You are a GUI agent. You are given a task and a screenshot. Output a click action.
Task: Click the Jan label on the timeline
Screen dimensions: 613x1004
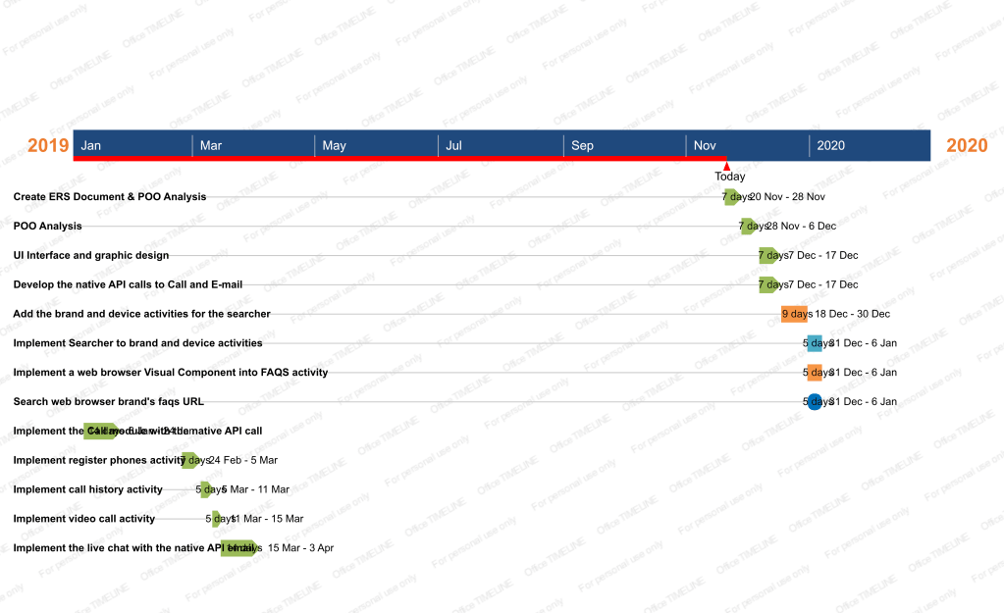pyautogui.click(x=90, y=146)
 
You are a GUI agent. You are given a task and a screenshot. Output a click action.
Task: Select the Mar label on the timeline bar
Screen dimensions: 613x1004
pyautogui.click(x=211, y=146)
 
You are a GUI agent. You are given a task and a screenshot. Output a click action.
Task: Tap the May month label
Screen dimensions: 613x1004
pyautogui.click(x=334, y=146)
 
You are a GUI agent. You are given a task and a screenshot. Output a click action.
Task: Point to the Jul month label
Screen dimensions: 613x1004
pyautogui.click(x=454, y=146)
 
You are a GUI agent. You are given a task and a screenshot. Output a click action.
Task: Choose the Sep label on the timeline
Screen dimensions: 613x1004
pyautogui.click(x=582, y=146)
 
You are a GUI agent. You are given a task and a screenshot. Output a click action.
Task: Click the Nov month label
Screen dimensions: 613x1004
pyautogui.click(x=705, y=146)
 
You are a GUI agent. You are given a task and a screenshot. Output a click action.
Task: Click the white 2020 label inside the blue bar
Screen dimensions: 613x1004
pyautogui.click(x=830, y=146)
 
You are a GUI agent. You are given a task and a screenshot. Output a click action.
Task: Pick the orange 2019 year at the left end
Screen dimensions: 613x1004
pyautogui.click(x=48, y=146)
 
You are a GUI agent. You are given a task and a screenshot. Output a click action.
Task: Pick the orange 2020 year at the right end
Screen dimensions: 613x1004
pyautogui.click(x=967, y=146)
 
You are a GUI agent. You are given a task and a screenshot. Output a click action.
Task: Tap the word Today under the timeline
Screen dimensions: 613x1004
pyautogui.click(x=729, y=177)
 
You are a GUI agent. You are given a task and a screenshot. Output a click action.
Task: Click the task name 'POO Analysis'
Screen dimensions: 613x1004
pyautogui.click(x=47, y=226)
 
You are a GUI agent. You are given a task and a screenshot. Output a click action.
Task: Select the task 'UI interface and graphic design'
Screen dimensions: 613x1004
pyautogui.click(x=90, y=255)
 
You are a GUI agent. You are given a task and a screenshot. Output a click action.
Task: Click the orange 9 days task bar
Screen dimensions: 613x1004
pyautogui.click(x=795, y=314)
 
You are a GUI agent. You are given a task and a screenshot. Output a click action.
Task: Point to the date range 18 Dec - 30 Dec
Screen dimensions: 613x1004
pyautogui.click(x=852, y=314)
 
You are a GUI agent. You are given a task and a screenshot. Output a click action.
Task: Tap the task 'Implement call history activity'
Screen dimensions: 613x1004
pyautogui.click(x=87, y=488)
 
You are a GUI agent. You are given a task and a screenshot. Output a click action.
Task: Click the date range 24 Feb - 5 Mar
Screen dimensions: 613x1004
pyautogui.click(x=242, y=460)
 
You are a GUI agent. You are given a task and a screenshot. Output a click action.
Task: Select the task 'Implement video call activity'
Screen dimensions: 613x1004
pyautogui.click(x=83, y=518)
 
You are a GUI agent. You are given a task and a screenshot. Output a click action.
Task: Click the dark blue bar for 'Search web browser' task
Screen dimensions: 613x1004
pyautogui.click(x=815, y=401)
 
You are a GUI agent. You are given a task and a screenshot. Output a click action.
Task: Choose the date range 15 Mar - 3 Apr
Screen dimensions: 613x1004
pyautogui.click(x=300, y=547)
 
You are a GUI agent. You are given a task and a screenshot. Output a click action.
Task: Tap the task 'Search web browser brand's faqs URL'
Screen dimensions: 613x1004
pyautogui.click(x=108, y=401)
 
